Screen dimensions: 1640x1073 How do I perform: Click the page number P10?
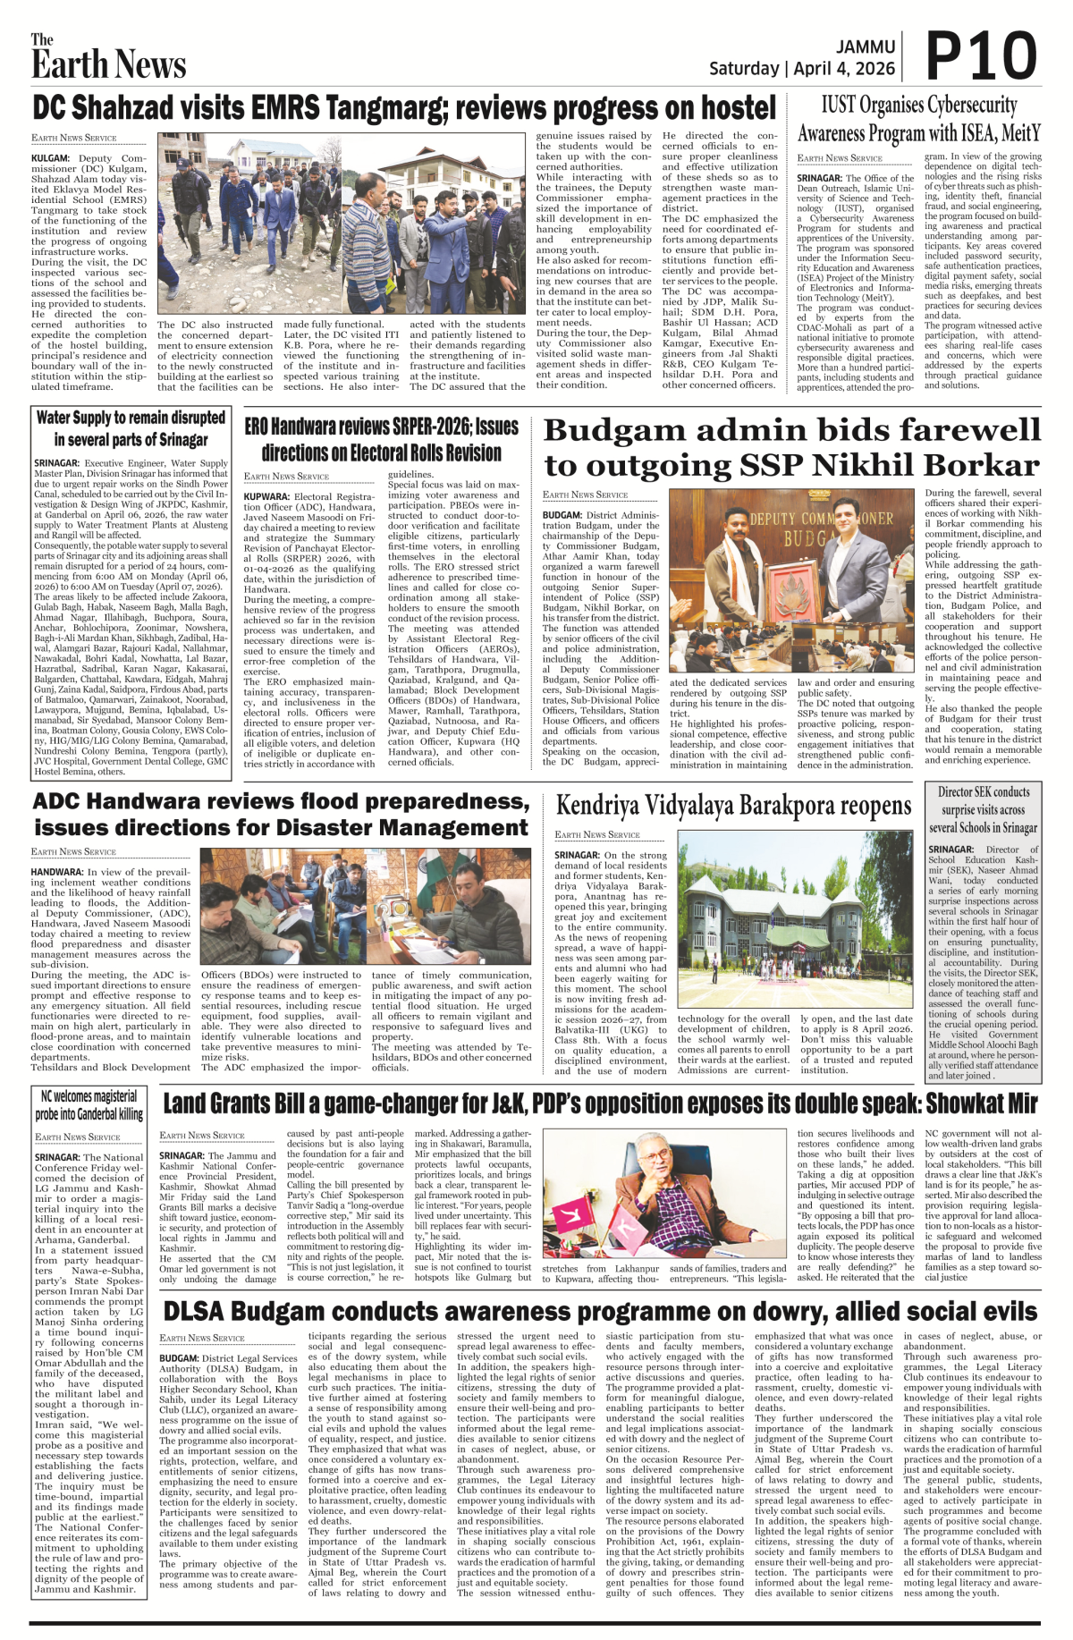[981, 56]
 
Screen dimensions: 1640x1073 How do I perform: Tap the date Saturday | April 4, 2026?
[801, 69]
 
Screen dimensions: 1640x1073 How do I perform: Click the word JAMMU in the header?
[866, 46]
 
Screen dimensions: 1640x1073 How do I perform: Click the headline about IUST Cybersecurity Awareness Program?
[918, 119]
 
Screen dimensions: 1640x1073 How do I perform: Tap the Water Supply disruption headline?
[131, 428]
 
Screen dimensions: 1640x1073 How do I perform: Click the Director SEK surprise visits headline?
[983, 809]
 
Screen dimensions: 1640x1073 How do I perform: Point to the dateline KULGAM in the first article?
[51, 158]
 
